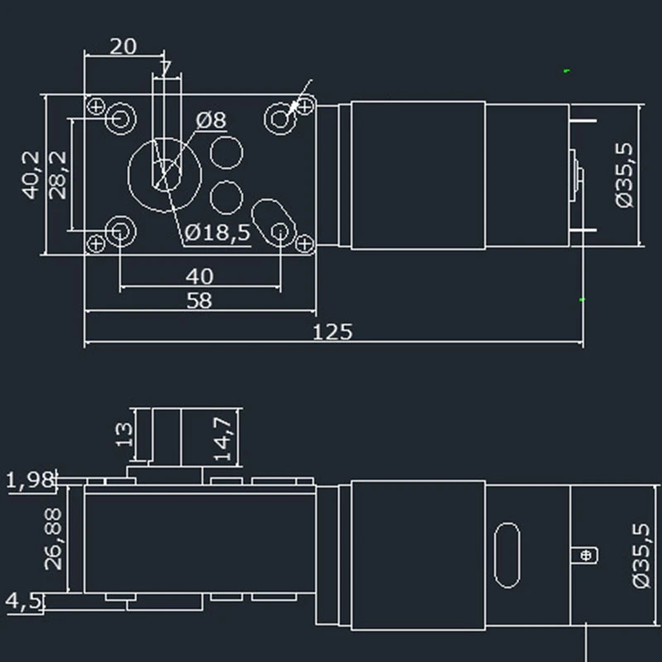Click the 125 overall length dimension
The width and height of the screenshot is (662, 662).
tap(333, 332)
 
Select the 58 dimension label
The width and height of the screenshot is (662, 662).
tap(199, 300)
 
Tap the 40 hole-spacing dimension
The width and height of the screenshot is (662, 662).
tap(199, 276)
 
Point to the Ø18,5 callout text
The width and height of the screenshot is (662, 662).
tap(218, 233)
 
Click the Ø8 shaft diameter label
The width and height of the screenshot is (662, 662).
tap(211, 120)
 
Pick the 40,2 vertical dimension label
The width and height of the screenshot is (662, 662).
tap(31, 175)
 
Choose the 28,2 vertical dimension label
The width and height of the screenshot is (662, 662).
tap(58, 175)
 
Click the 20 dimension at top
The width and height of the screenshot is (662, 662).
tap(123, 46)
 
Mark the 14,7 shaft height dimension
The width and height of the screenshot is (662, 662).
tap(223, 439)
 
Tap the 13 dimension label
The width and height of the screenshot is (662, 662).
tap(124, 435)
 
